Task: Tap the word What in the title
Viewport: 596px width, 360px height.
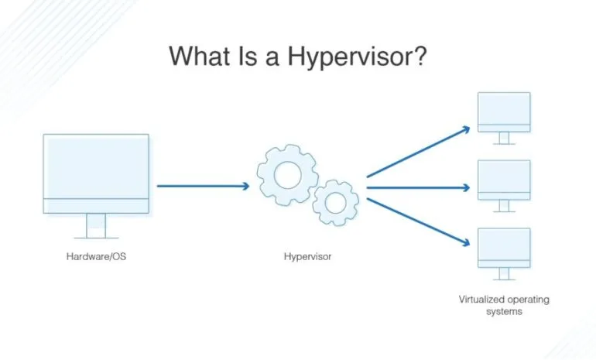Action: pos(200,56)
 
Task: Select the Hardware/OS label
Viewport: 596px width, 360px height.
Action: pos(96,256)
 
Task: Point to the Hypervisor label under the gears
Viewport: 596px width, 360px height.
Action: pos(307,257)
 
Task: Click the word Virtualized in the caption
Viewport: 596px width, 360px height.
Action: pos(481,300)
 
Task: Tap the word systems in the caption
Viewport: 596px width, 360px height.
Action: pos(504,312)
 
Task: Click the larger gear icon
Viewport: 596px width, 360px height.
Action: pos(266,175)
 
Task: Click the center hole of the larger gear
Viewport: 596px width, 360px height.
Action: pos(288,175)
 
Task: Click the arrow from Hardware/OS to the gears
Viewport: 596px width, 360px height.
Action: pos(204,186)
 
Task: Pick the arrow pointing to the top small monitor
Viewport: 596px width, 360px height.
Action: pos(419,152)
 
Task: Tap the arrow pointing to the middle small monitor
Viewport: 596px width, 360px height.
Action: pos(418,187)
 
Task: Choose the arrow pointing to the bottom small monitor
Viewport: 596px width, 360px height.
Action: pos(419,222)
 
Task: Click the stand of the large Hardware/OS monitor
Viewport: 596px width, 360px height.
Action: pos(96,226)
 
